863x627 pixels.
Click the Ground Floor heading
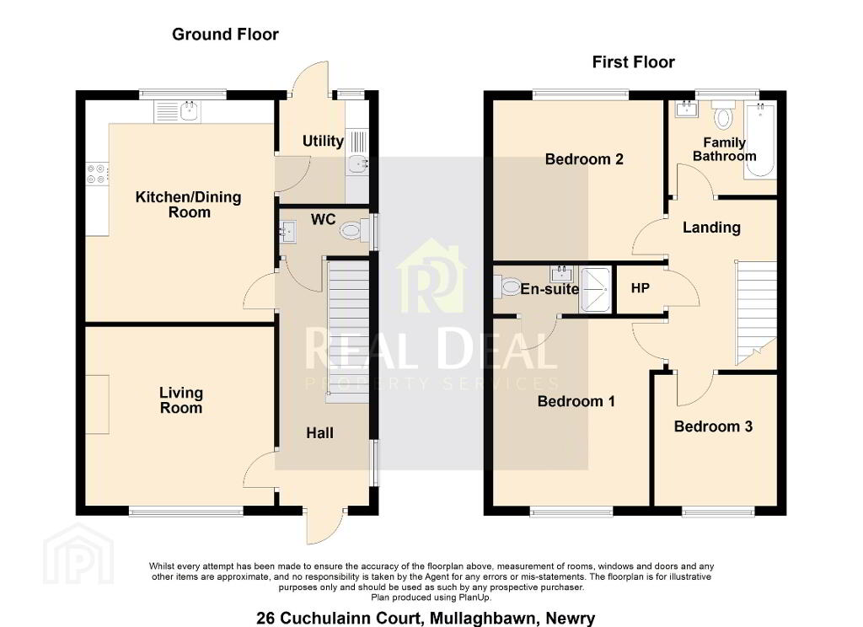coord(225,34)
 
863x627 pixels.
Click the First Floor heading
coord(633,62)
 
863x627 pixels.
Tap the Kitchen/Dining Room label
coord(189,205)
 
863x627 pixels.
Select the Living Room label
coord(181,400)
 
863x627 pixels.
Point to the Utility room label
coord(323,142)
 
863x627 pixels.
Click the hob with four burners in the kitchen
coord(96,174)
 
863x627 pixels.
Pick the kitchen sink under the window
coord(178,111)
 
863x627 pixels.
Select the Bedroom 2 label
coord(584,159)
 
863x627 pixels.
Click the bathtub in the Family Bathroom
coord(760,140)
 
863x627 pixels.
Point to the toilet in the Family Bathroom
coord(722,115)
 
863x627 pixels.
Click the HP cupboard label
coord(641,288)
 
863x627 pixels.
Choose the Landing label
coord(711,228)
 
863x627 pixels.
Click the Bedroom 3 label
coord(713,426)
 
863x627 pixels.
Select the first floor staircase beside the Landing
coord(756,312)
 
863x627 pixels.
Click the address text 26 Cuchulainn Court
coord(339,619)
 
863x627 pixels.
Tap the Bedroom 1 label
coord(576,401)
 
